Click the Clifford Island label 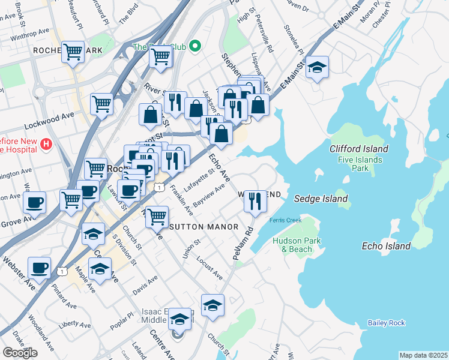[x=359, y=148]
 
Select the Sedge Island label [x=321, y=199]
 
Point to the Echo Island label [x=387, y=246]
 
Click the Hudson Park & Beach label [x=292, y=245]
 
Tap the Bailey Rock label [x=387, y=323]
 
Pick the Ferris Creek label [x=285, y=220]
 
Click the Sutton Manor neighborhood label [x=203, y=227]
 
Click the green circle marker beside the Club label [x=194, y=46]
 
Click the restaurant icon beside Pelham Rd [x=255, y=201]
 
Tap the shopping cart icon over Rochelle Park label [x=73, y=52]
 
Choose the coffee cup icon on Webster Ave [x=39, y=268]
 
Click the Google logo [x=20, y=352]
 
